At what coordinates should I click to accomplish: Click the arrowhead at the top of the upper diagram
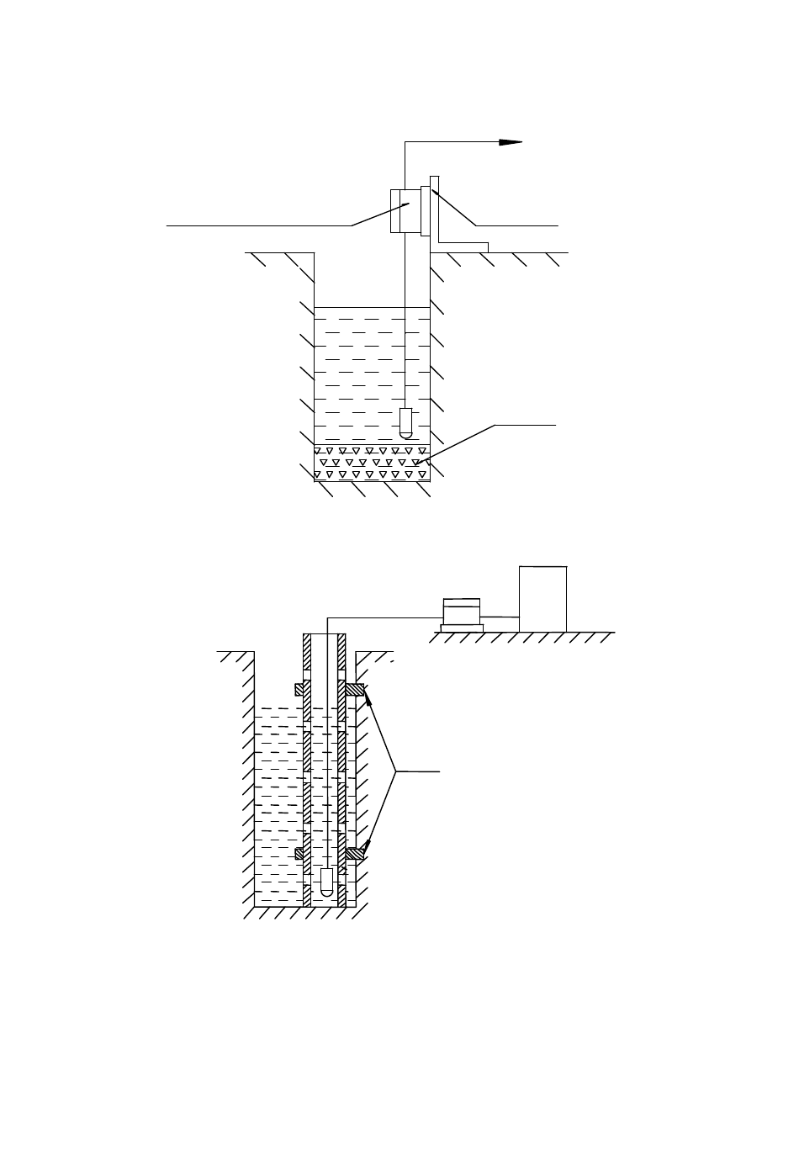coord(511,142)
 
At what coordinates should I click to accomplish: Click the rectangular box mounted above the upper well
coord(405,210)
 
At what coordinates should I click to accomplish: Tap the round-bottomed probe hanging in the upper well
coord(405,422)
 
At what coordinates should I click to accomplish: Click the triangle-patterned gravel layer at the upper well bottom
coord(371,464)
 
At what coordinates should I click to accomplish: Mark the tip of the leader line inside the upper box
coord(409,202)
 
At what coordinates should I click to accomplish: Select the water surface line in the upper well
coord(371,308)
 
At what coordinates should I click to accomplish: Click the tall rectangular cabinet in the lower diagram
coord(543,598)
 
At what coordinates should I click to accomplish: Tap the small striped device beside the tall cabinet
coord(461,610)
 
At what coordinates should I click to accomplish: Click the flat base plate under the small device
coord(462,627)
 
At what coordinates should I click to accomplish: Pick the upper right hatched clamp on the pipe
coord(355,690)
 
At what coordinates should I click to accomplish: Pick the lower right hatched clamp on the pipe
coord(355,854)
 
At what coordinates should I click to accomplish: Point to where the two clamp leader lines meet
coord(396,770)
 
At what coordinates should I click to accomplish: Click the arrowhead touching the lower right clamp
coord(368,846)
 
